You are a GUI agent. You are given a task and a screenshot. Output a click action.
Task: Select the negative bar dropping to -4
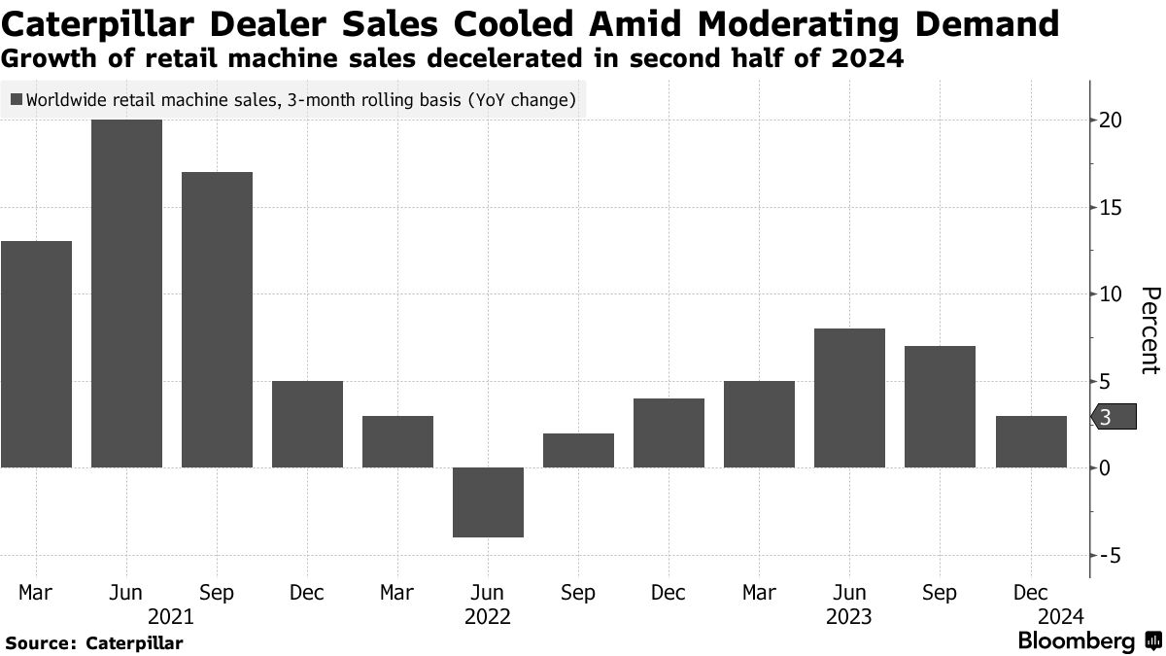point(488,501)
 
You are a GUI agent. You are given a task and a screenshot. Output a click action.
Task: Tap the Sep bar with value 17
point(217,320)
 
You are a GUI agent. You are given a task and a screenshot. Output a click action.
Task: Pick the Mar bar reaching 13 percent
point(36,354)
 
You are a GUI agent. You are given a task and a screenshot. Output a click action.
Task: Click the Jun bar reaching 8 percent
point(849,397)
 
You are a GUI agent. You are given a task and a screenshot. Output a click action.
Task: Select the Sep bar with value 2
point(578,450)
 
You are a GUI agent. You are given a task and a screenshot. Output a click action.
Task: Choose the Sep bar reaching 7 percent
point(940,406)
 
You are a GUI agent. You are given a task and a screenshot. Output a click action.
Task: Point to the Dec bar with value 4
point(669,432)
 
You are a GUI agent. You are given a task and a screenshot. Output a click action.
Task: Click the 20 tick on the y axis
point(1112,121)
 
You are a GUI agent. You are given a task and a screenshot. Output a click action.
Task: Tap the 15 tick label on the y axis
point(1112,207)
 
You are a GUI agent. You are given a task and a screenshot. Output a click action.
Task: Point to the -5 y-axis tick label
point(1112,555)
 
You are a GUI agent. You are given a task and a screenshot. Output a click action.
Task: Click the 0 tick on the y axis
point(1107,467)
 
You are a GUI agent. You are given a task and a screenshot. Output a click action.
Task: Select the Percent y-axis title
point(1149,329)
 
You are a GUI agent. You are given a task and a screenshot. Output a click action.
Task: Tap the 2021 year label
point(171,616)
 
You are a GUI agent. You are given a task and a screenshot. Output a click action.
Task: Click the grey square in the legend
point(16,99)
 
